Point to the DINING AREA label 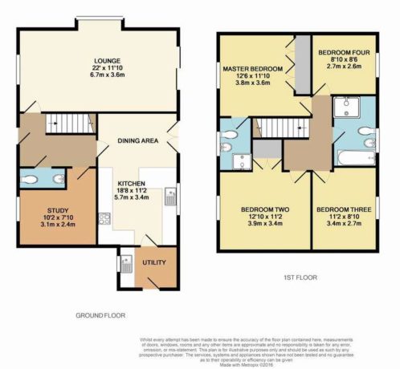click(x=133, y=140)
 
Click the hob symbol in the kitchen click(x=104, y=218)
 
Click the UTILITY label click(x=154, y=262)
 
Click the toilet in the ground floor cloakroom click(x=31, y=178)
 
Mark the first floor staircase click(x=277, y=126)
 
